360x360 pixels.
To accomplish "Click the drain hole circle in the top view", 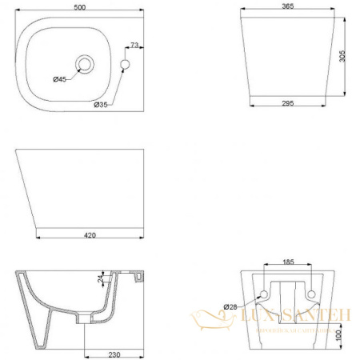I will [84, 62].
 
